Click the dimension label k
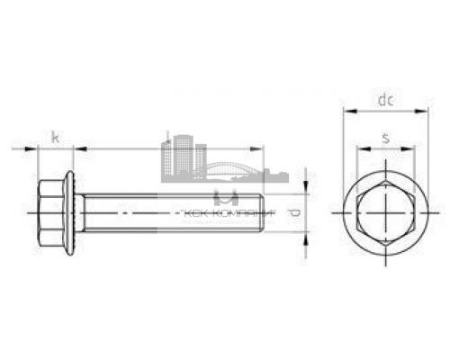pos(56,138)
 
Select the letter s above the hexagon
pos(385,138)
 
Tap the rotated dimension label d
pos(294,213)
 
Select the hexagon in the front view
pos(384,213)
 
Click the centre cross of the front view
pos(384,213)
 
